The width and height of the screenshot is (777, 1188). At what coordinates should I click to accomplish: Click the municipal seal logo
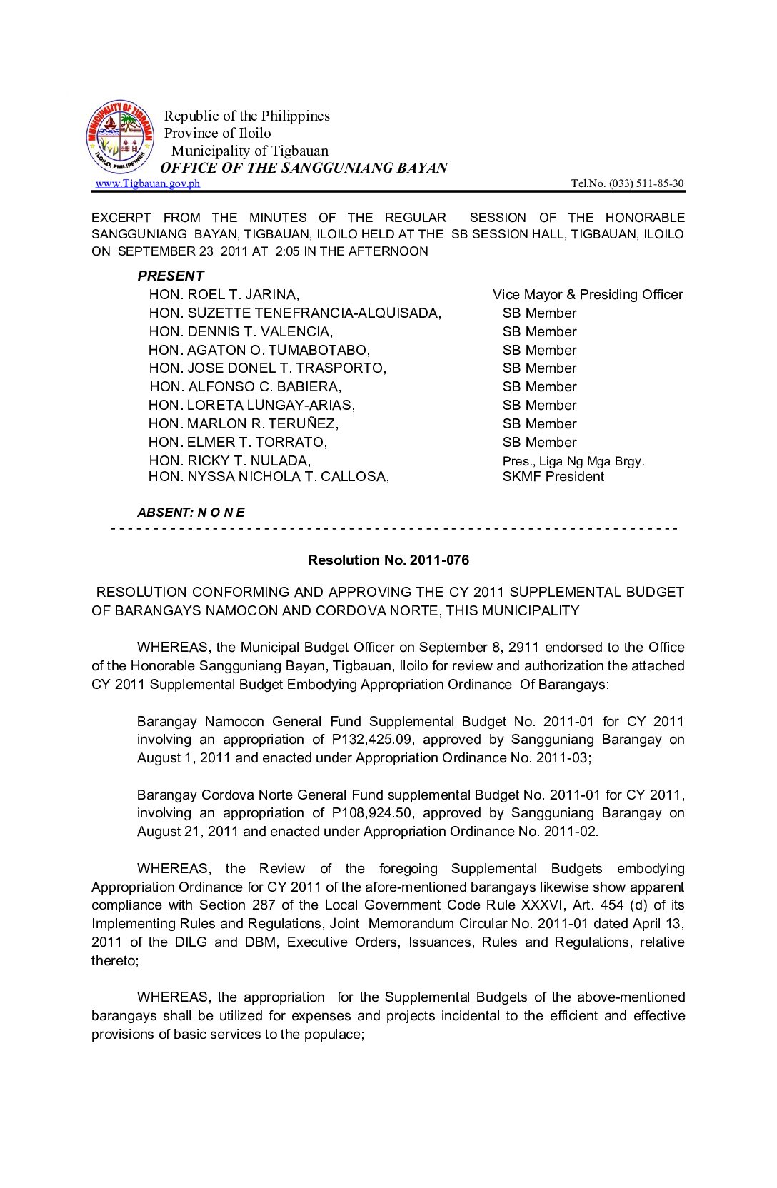pos(120,136)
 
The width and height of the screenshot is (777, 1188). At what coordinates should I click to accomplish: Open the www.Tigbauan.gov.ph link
pos(148,183)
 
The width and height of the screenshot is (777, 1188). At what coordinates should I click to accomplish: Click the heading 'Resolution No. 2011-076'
pos(388,560)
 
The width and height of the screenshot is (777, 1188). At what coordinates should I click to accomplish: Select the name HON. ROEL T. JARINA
pos(224,295)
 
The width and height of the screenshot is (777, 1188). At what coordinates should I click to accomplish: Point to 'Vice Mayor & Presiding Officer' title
pos(587,295)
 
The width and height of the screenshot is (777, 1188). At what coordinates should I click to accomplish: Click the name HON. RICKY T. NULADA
pos(230,461)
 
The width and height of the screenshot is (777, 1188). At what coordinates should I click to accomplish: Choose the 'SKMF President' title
pos(553,477)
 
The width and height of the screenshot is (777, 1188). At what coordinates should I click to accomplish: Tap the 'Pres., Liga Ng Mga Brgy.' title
pos(573,461)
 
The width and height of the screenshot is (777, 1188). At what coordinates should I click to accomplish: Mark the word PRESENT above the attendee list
pos(171,276)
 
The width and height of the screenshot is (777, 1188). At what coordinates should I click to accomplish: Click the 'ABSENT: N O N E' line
pos(191,513)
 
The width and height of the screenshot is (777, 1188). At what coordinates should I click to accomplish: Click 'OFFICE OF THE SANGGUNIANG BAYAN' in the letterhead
pos(304,168)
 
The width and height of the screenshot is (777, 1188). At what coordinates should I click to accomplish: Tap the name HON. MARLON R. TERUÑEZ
pos(244,424)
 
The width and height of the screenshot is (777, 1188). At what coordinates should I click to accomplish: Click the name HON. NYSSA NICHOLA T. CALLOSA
pos(269,477)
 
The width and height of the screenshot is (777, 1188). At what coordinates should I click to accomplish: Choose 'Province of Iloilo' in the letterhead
pos(217,133)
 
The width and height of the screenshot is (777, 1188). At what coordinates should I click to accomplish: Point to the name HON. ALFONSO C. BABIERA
pos(246,387)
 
